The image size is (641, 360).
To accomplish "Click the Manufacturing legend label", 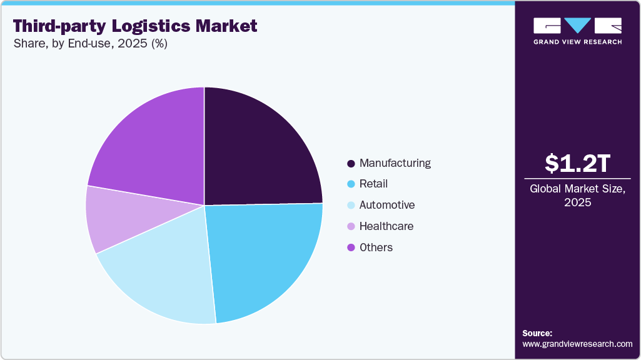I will (395, 163).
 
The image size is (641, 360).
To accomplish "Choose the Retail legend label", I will (374, 184).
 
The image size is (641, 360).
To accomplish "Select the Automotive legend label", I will (387, 205).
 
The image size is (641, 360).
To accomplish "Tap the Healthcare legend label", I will (386, 226).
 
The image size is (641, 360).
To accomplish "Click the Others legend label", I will (376, 247).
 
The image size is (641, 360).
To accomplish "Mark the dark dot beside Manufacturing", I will (351, 164).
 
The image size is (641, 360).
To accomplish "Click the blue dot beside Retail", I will (351, 184).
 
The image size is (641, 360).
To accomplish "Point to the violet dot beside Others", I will (351, 248).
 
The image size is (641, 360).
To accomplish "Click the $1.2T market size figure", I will (577, 164).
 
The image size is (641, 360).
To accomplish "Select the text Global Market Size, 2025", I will (577, 196).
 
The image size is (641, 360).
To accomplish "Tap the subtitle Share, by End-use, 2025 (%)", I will (91, 44).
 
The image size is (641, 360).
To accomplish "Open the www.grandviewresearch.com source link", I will (577, 344).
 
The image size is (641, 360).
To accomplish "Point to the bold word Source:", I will (537, 333).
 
